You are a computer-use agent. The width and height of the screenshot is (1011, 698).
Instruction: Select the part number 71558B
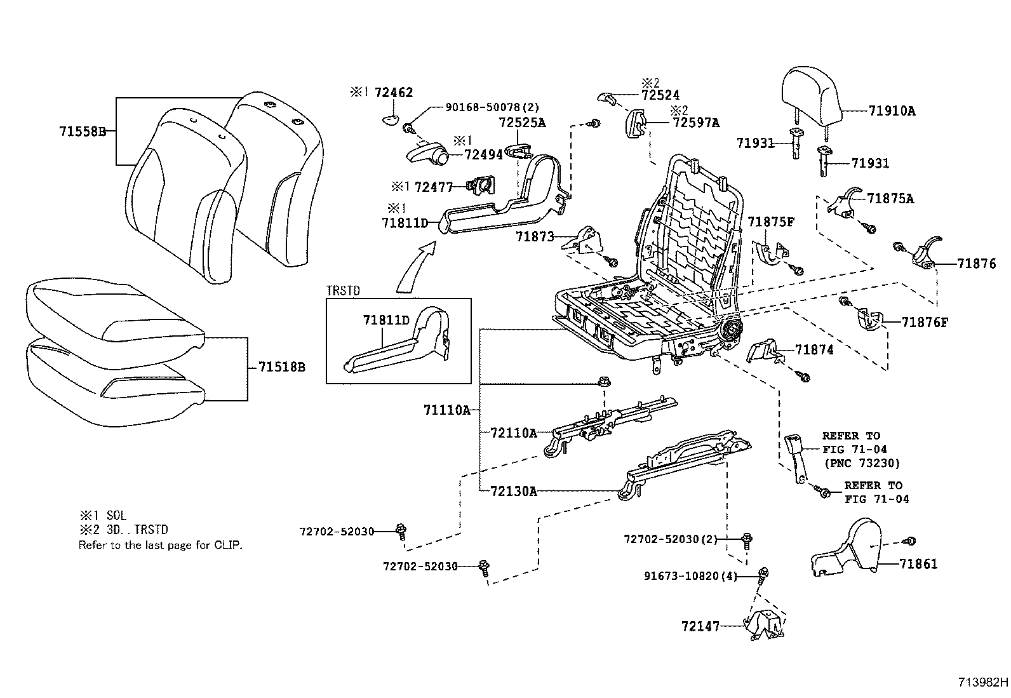82,132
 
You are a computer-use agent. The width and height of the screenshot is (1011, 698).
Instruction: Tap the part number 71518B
281,368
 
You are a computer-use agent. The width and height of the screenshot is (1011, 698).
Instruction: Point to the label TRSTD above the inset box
343,291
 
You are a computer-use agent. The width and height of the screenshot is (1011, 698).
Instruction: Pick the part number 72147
700,626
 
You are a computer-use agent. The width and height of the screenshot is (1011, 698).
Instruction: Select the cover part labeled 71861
851,553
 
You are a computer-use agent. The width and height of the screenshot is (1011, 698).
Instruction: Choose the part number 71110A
446,410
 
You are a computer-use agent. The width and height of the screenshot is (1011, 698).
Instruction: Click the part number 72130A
513,491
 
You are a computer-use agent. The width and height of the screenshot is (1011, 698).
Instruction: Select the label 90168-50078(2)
482,107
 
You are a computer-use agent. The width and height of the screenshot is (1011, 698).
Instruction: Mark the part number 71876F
925,322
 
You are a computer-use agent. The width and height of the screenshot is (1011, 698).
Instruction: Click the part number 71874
814,350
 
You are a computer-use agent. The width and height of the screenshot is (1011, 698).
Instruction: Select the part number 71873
535,237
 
